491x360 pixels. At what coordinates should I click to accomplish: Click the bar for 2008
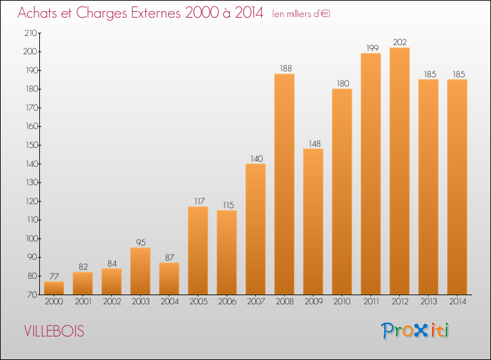tap(284, 184)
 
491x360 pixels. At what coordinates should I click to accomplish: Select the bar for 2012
tap(399, 171)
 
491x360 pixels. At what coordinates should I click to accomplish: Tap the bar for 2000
tap(54, 288)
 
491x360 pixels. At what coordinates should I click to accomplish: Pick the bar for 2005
tap(198, 251)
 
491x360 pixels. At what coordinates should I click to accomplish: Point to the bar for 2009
tap(313, 222)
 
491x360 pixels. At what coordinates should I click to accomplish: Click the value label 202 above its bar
tap(400, 43)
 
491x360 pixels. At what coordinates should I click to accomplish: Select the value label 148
tap(315, 144)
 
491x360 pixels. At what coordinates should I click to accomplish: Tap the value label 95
tap(141, 243)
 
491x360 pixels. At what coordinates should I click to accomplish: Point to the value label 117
tap(199, 202)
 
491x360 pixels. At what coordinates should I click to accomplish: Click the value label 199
tap(373, 48)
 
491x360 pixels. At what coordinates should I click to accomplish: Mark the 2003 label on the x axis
tap(141, 302)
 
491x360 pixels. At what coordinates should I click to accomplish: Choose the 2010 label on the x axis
tap(342, 302)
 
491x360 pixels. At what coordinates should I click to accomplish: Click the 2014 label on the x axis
tap(458, 302)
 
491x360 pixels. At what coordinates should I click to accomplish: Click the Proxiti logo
tap(415, 331)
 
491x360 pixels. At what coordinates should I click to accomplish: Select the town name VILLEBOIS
tap(54, 331)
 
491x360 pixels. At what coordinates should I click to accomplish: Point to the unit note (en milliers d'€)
tap(301, 14)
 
